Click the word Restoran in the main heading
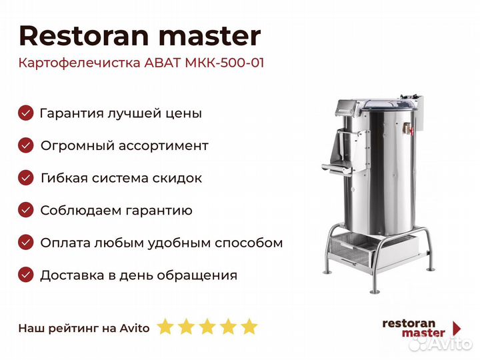coord(84,36)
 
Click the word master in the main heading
coord(210,37)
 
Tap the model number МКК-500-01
coord(225,63)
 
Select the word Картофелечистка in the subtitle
coord(79,63)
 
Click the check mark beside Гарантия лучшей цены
coord(26,113)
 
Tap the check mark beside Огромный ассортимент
coord(26,145)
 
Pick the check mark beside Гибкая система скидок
coord(26,178)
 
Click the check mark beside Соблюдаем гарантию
coord(26,210)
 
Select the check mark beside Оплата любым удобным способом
coord(26,243)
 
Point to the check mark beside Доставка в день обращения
coord(26,275)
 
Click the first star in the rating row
coord(165,327)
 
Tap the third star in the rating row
coord(207,327)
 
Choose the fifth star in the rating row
coord(249,327)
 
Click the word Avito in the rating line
coord(135,328)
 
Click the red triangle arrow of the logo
coord(457,329)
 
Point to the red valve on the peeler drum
coord(408,129)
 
